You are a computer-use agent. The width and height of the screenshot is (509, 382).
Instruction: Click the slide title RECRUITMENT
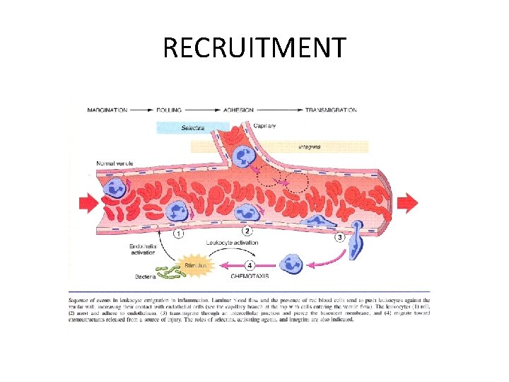point(255,48)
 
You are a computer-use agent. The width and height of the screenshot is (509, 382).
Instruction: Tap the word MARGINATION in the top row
point(108,110)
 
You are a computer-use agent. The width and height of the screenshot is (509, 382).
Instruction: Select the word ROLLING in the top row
point(169,110)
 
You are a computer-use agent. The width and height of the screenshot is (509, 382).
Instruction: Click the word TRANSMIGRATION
point(330,110)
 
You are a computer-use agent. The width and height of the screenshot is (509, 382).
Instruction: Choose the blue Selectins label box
point(192,128)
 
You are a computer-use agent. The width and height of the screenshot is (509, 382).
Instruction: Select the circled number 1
point(179,233)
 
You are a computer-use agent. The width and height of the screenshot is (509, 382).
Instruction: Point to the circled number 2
point(247,231)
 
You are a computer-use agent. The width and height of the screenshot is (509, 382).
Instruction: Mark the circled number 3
point(339,237)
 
